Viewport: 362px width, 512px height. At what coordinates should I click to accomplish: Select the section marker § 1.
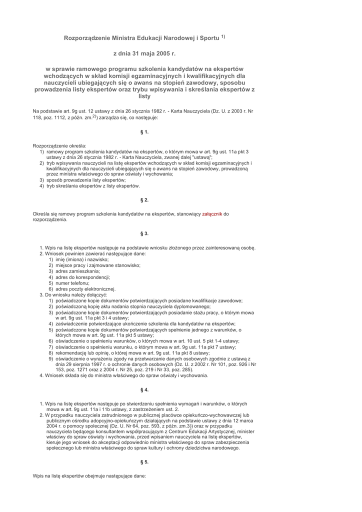pos(144,132)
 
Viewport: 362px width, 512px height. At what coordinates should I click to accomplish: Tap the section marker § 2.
pos(144,200)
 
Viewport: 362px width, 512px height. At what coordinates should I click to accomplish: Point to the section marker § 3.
pos(144,233)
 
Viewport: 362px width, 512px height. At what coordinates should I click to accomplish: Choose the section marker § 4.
pos(144,389)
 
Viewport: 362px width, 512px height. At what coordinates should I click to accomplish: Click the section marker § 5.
pos(144,462)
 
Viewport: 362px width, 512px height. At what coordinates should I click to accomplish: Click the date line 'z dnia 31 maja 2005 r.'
pos(144,52)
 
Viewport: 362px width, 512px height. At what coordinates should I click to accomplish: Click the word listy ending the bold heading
pos(144,96)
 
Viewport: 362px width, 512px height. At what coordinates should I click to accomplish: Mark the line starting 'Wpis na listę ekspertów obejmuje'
pos(89,476)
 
